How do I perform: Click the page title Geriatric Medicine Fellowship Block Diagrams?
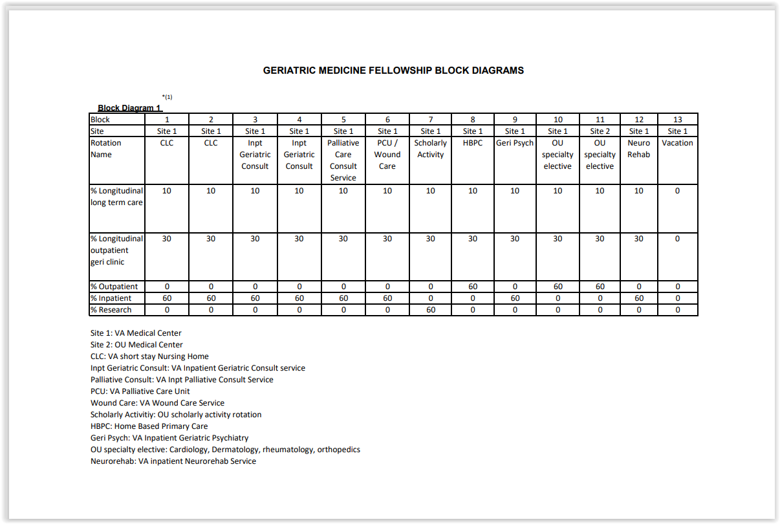(x=393, y=71)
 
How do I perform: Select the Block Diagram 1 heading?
(x=129, y=108)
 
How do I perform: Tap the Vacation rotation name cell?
(x=677, y=143)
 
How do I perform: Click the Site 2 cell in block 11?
(x=600, y=131)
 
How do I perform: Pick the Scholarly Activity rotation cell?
(x=430, y=149)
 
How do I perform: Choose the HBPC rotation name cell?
(x=473, y=143)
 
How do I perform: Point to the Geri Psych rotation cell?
(x=515, y=143)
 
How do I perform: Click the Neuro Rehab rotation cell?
(x=638, y=149)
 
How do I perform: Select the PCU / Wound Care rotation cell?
(x=387, y=155)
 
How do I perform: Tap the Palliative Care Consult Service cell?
(x=343, y=160)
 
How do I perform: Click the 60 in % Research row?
(x=430, y=310)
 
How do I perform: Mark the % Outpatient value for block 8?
(x=473, y=287)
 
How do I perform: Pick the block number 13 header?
(x=677, y=120)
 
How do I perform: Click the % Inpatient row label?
(x=111, y=298)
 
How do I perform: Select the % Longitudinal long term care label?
(x=116, y=197)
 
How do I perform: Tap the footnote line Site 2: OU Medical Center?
(x=136, y=345)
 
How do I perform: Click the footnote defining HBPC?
(x=149, y=426)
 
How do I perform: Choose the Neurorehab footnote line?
(x=173, y=461)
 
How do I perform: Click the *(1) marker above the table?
(x=167, y=97)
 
